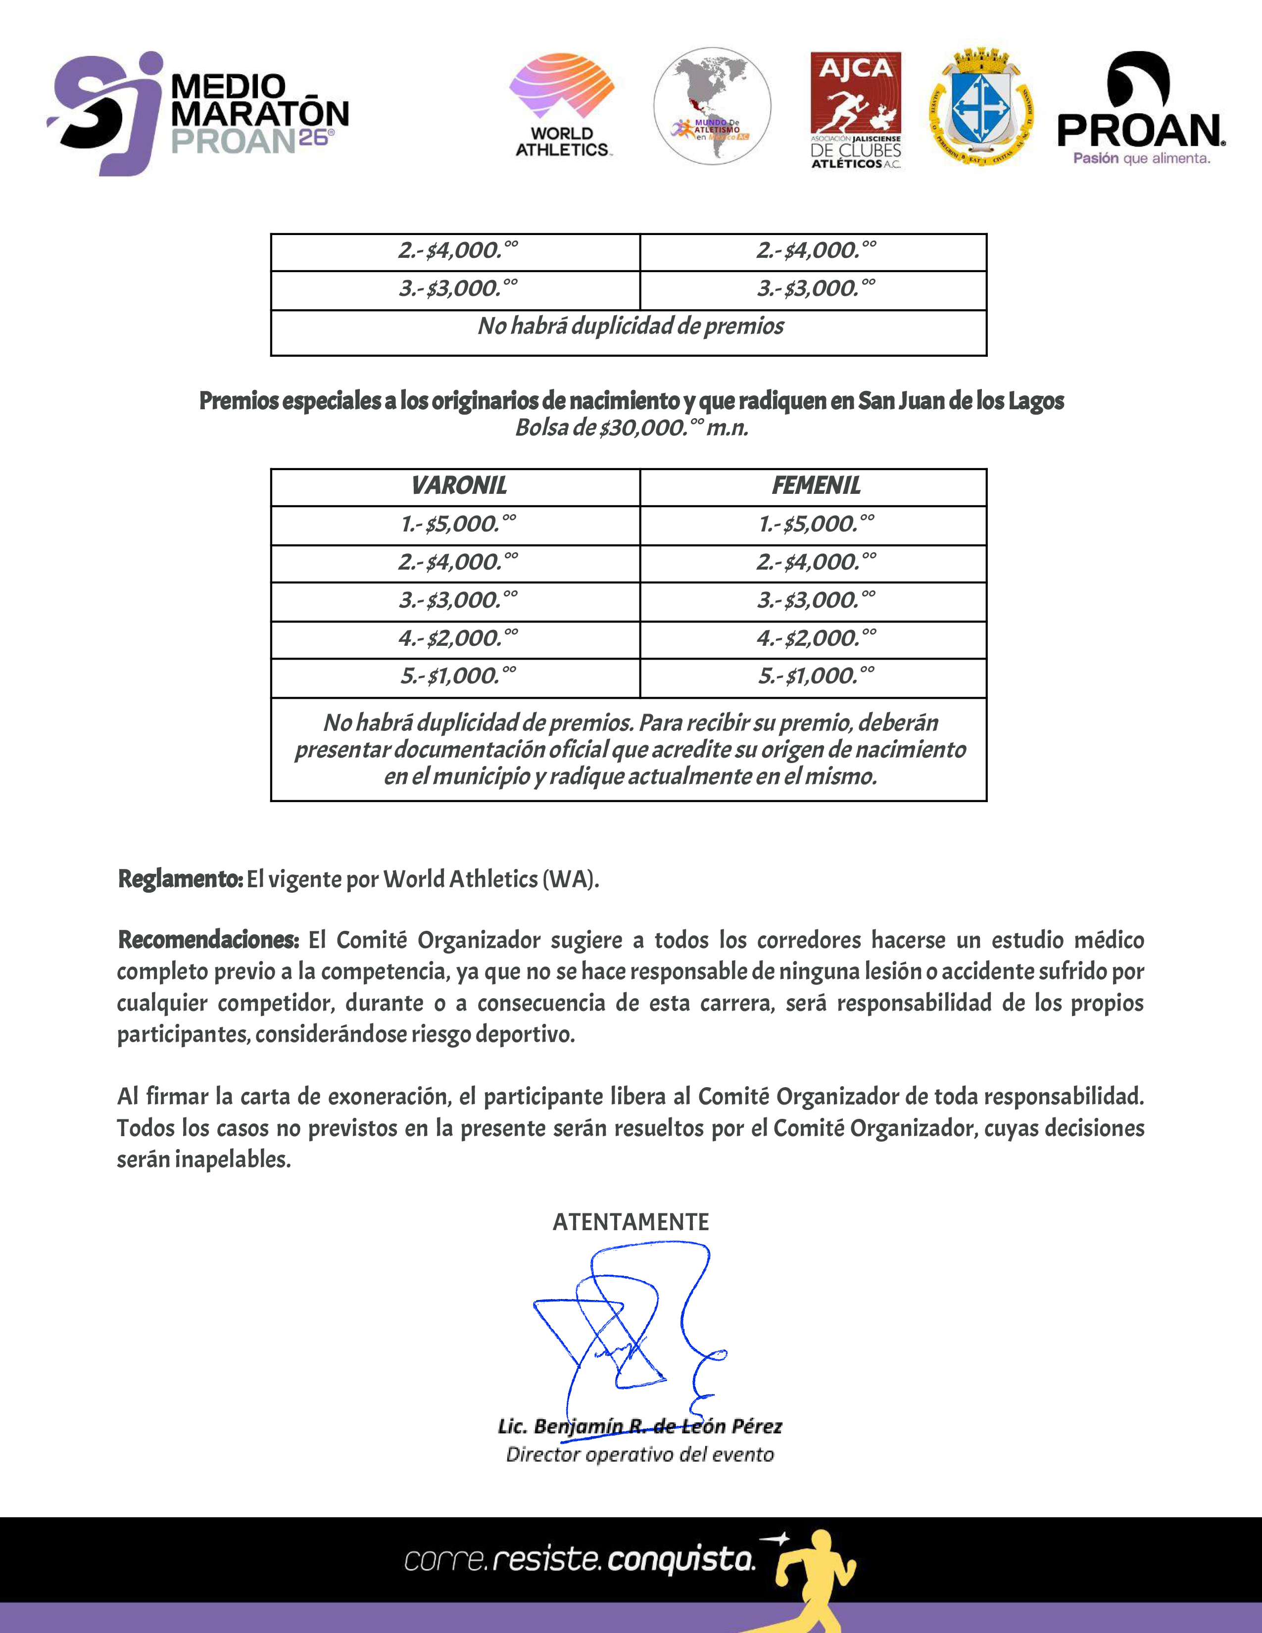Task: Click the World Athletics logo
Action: tap(562, 105)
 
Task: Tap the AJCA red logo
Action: tap(856, 110)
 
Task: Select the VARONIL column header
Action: tap(458, 486)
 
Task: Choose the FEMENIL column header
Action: tap(816, 486)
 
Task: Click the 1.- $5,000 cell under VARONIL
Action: tap(458, 524)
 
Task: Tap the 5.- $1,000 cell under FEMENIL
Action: tap(816, 676)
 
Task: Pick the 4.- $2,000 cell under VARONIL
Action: tap(458, 638)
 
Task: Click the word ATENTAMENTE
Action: tap(630, 1222)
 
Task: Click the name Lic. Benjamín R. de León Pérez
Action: tap(639, 1427)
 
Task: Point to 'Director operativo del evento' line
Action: tap(639, 1454)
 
